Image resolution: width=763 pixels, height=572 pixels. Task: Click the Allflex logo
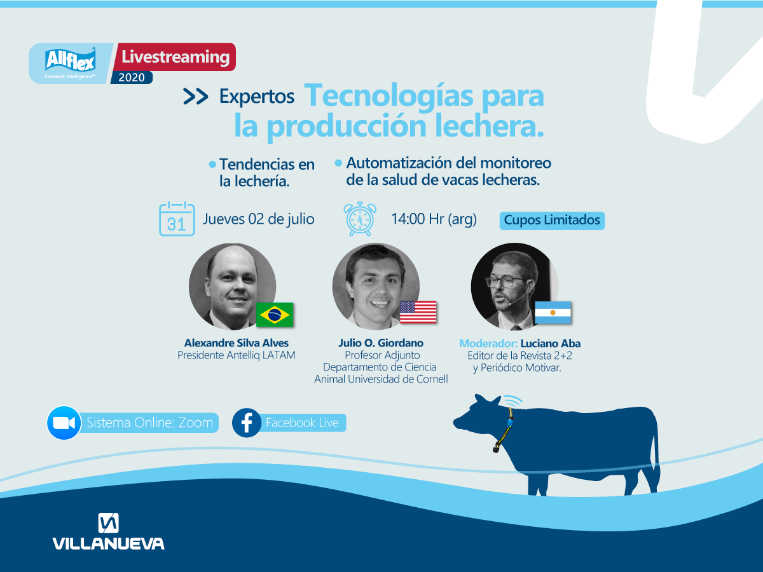[70, 63]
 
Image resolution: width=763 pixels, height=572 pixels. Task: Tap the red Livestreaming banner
[175, 57]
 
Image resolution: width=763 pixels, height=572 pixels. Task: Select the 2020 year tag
[132, 77]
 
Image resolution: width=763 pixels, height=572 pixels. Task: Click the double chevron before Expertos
[196, 96]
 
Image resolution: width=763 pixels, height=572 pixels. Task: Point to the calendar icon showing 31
[177, 219]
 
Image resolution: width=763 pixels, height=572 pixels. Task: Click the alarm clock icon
[360, 219]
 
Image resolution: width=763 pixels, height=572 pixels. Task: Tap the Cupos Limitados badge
[552, 221]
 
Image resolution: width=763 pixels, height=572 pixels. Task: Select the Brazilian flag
[275, 315]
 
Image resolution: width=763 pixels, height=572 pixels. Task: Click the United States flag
[418, 312]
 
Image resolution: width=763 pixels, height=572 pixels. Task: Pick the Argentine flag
[553, 313]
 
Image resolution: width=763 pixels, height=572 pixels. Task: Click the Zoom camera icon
[64, 423]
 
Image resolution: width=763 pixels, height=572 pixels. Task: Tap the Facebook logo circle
[247, 423]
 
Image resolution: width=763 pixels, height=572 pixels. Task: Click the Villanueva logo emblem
[109, 523]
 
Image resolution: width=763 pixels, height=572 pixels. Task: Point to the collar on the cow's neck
[505, 429]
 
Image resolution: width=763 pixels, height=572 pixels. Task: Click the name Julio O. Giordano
[381, 343]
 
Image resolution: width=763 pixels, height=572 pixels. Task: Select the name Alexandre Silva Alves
[237, 343]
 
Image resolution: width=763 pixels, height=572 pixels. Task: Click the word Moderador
[488, 343]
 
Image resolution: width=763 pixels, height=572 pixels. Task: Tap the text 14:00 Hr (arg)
[434, 219]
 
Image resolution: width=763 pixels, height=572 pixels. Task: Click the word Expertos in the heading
[257, 96]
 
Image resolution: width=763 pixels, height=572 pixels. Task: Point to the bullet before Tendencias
[212, 165]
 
